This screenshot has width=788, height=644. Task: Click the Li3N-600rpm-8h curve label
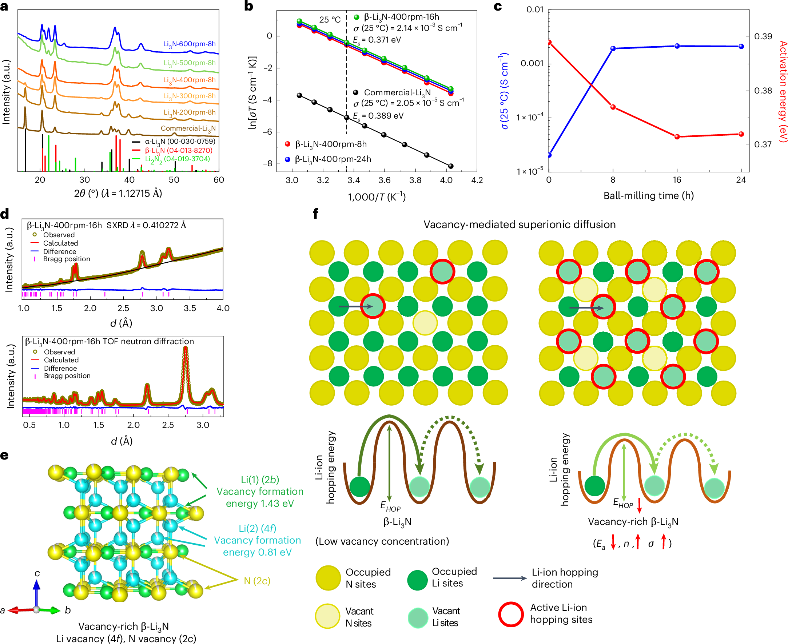point(189,44)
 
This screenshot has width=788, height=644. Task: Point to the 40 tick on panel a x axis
point(129,180)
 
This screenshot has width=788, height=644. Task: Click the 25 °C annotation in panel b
point(330,20)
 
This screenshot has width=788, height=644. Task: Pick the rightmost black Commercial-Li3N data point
point(450,166)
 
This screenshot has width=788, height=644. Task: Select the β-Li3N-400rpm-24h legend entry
point(333,159)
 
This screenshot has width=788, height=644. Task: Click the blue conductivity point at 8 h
point(613,49)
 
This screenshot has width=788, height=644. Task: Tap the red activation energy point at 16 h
point(677,137)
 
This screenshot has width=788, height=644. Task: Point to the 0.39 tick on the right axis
point(763,36)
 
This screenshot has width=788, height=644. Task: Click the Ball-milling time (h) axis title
point(649,195)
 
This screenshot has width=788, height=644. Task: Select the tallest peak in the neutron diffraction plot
point(186,349)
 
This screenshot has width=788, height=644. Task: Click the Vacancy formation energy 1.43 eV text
point(260,497)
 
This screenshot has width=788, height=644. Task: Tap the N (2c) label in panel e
point(257,581)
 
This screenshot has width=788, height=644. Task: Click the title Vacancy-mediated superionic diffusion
point(519,224)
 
